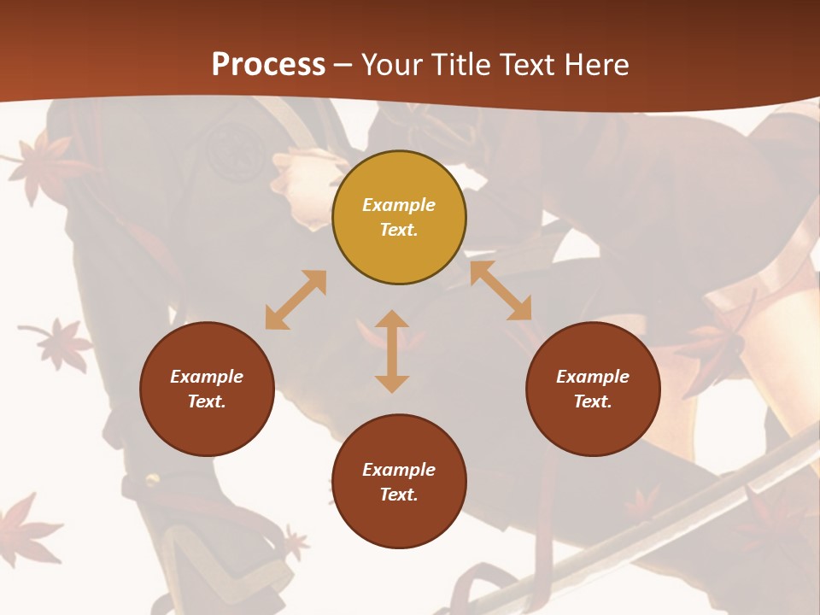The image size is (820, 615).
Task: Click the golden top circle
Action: click(x=399, y=218)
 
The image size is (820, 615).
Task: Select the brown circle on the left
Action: click(x=207, y=389)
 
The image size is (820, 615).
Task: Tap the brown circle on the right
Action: click(x=593, y=389)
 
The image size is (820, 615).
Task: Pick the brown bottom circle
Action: click(x=399, y=482)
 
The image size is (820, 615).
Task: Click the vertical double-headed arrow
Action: click(x=392, y=351)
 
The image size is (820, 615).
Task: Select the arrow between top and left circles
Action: click(x=296, y=300)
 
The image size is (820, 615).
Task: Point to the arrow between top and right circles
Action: click(x=501, y=290)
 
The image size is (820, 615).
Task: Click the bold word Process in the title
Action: click(x=268, y=64)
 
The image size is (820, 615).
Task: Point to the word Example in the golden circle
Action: click(x=399, y=205)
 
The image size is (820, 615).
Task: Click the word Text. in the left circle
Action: click(x=207, y=401)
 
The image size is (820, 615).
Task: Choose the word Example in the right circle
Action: click(x=593, y=377)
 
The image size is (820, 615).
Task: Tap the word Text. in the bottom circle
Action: click(x=399, y=495)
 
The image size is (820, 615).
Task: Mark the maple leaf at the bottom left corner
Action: click(x=26, y=530)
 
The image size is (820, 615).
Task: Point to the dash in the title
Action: click(x=343, y=65)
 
